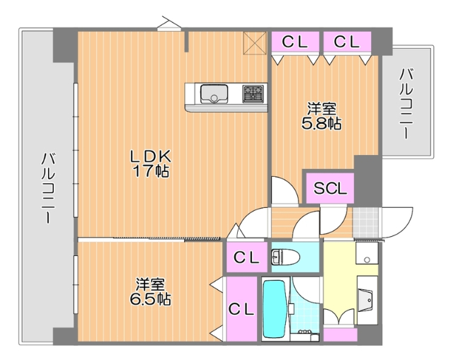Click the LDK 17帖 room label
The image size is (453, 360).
click(x=149, y=163)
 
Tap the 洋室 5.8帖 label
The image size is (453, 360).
click(x=321, y=117)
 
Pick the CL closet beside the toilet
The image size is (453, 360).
click(x=246, y=256)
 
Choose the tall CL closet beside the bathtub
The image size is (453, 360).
click(x=241, y=308)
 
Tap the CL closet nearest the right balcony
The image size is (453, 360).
click(x=346, y=42)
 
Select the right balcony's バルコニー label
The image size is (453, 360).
click(x=407, y=103)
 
